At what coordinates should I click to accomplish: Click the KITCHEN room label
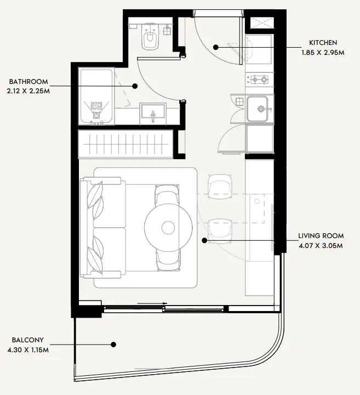tap(323, 43)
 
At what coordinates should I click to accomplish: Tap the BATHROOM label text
tap(28, 82)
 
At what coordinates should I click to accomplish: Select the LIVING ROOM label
tap(321, 236)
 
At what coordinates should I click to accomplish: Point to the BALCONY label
tap(28, 340)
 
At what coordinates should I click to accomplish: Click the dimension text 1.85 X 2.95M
tap(323, 53)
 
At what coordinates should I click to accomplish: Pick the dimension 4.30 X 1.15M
tap(28, 350)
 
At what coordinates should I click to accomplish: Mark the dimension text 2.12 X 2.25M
tap(28, 91)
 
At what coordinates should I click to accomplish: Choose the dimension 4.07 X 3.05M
tap(321, 246)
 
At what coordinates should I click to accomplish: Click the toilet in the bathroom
tap(151, 36)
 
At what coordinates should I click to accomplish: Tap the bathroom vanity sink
tap(153, 113)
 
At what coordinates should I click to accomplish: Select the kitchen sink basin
tap(257, 109)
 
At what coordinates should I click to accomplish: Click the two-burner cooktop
tap(259, 80)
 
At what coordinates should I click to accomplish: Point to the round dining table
tap(168, 228)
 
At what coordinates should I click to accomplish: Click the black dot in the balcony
tap(113, 345)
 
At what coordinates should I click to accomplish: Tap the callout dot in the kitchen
tap(215, 47)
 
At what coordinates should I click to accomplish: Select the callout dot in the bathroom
tap(135, 86)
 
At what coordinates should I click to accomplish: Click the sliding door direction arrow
tap(152, 303)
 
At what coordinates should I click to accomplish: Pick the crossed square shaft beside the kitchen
tap(261, 23)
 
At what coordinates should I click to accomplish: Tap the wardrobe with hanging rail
tap(125, 144)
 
